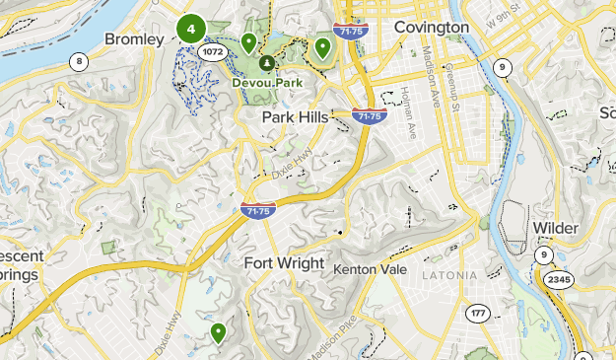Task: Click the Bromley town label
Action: click(133, 38)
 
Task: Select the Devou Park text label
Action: click(267, 83)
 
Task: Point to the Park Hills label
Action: click(296, 117)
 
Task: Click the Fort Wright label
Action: click(284, 263)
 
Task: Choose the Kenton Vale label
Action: click(370, 268)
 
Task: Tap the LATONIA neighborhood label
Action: click(451, 274)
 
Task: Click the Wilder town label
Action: click(556, 228)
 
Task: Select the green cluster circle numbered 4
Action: click(190, 29)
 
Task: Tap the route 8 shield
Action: click(78, 61)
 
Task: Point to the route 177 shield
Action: click(478, 313)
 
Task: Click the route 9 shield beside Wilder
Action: click(543, 254)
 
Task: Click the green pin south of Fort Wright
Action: click(218, 332)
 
